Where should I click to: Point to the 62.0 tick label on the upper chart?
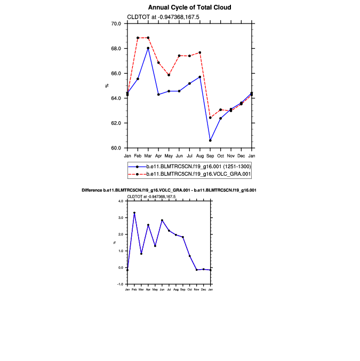click(116, 123)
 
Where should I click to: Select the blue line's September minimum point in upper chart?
click(210, 140)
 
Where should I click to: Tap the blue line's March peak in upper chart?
click(148, 48)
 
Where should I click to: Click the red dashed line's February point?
click(138, 38)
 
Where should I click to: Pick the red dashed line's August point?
click(200, 52)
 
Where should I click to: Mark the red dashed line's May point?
click(169, 75)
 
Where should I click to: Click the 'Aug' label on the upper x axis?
click(200, 155)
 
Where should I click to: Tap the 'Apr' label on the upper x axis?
click(158, 155)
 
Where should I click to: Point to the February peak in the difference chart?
click(134, 213)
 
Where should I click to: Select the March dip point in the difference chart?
click(141, 254)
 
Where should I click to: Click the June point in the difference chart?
click(162, 220)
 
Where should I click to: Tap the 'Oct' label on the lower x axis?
click(190, 289)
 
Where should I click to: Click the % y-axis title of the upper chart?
click(107, 85)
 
